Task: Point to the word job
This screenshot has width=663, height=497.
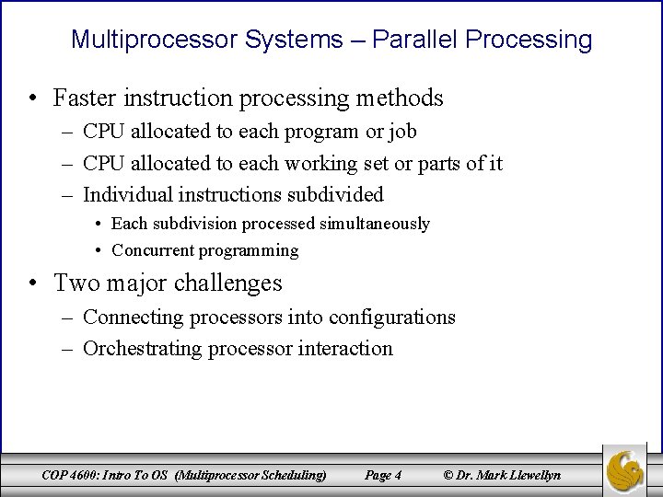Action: [403, 132]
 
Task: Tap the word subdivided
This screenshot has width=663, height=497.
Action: [338, 195]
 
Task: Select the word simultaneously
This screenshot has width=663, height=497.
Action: [375, 224]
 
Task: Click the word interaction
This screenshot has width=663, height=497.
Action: [345, 349]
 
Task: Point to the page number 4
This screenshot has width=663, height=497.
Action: [397, 476]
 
